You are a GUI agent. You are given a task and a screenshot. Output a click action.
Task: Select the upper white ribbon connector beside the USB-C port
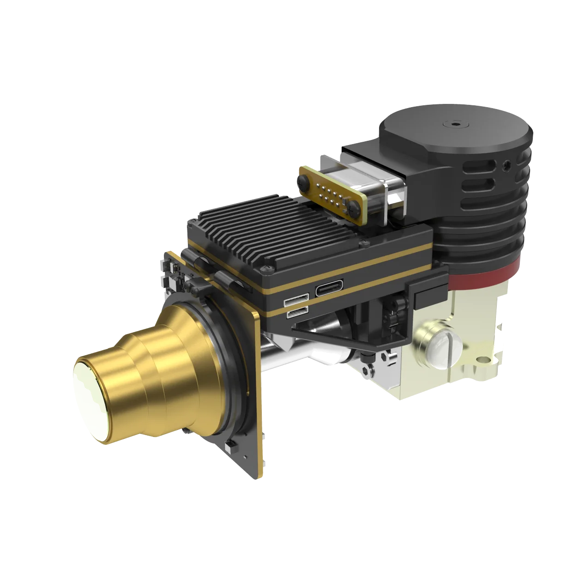pyautogui.click(x=296, y=302)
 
